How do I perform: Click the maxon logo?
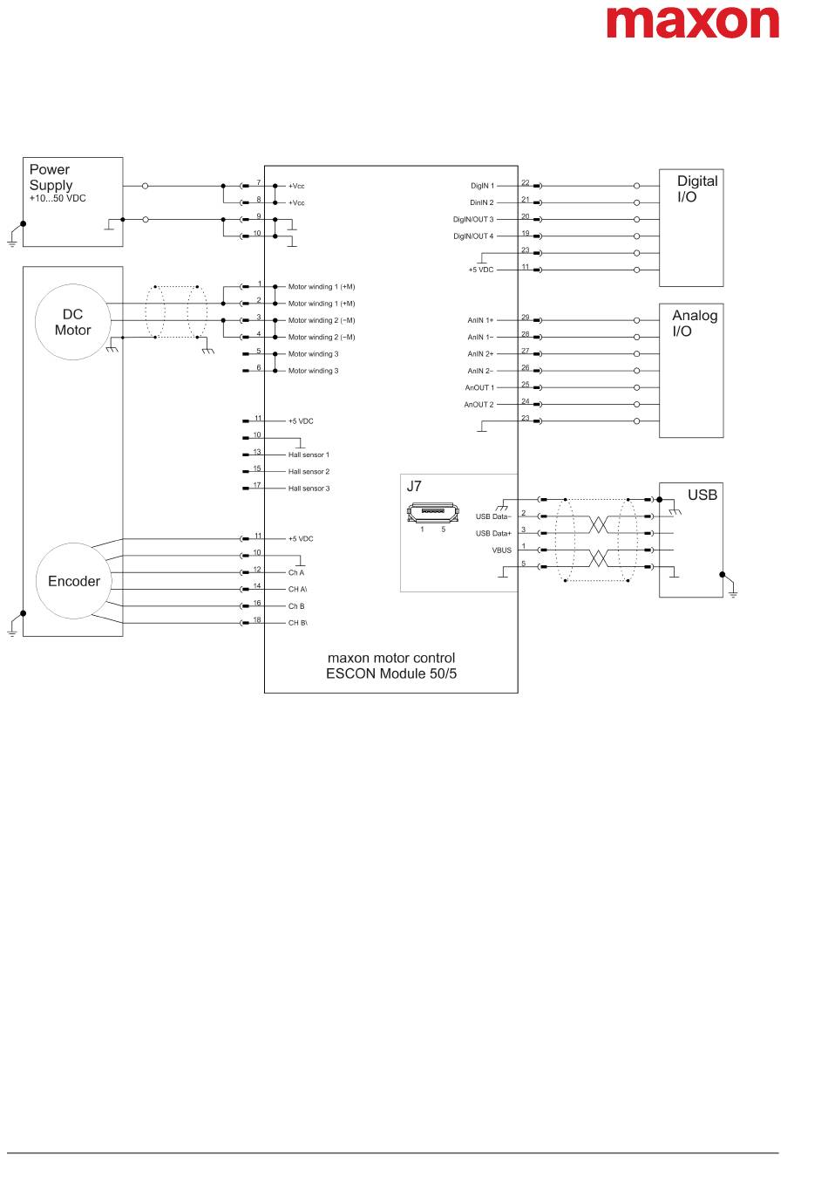692,21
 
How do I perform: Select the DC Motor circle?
72,323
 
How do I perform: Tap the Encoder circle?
73,581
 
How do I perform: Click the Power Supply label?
51,177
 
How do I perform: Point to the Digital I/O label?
697,188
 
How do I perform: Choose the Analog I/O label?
694,323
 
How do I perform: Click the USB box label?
702,495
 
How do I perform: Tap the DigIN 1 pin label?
482,186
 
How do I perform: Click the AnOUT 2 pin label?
478,405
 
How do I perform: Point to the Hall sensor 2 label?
309,472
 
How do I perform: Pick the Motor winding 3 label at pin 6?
313,371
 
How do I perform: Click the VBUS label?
501,550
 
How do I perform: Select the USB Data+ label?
493,533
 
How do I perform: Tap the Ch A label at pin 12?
296,572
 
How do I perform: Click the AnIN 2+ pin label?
480,354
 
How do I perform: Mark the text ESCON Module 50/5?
391,673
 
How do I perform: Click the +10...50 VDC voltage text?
58,198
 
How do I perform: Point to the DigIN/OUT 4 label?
472,236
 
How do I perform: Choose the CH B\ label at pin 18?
297,623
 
